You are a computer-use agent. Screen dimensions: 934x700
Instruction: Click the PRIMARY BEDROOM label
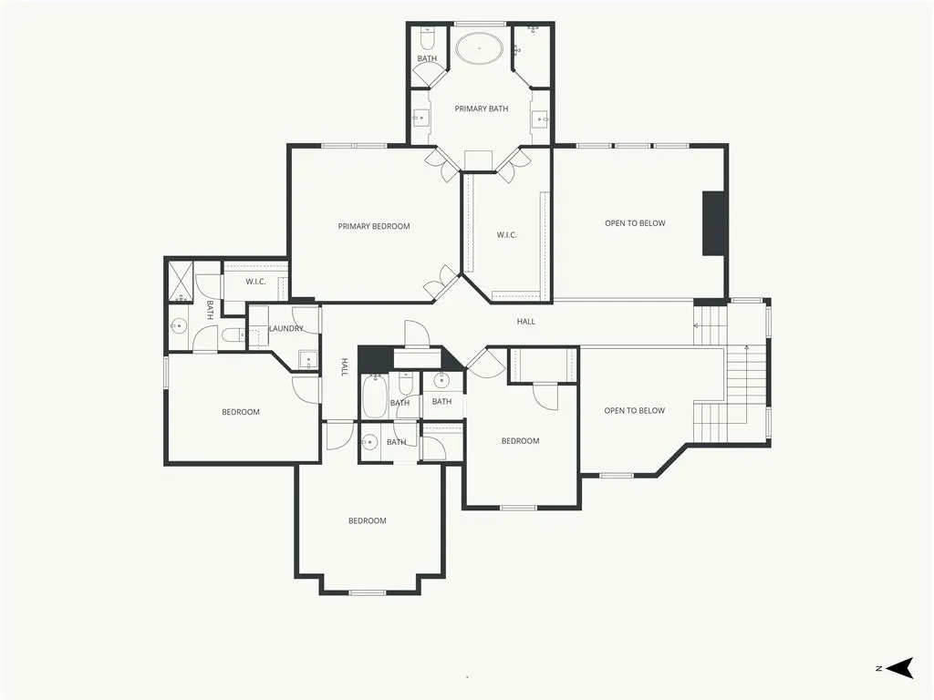pos(373,226)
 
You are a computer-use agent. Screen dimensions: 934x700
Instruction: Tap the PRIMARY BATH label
pos(482,109)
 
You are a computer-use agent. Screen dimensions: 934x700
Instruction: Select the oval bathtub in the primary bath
pos(479,48)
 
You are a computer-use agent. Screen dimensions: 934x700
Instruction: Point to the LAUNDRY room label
pos(285,328)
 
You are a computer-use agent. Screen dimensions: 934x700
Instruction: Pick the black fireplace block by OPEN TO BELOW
pos(715,224)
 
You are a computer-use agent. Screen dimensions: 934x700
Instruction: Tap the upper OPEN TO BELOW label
pos(635,223)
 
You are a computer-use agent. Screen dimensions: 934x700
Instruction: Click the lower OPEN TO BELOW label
pos(635,411)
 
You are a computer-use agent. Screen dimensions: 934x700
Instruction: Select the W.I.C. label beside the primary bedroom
pos(506,235)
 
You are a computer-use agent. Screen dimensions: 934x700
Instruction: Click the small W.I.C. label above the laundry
pos(255,282)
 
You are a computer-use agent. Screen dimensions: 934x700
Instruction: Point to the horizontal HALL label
pos(526,322)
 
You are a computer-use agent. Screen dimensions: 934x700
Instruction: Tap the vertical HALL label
pos(344,366)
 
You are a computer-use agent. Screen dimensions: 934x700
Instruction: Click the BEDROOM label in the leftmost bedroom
pos(241,412)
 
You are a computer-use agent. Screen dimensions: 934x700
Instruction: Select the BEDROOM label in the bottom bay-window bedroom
pos(368,520)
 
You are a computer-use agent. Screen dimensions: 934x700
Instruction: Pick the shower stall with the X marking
pos(181,281)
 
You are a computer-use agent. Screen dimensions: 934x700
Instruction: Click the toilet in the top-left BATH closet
pos(427,39)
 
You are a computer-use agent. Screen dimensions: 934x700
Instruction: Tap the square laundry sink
pos(307,359)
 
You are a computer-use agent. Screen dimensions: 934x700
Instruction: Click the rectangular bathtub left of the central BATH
pos(375,396)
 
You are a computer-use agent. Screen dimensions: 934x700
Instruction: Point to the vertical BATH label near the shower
pos(210,310)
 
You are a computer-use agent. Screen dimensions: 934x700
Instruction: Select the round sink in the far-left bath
pos(179,325)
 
